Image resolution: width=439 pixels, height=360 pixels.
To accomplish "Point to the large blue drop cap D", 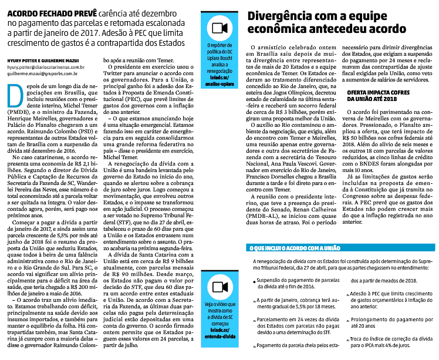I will tap(14, 94).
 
